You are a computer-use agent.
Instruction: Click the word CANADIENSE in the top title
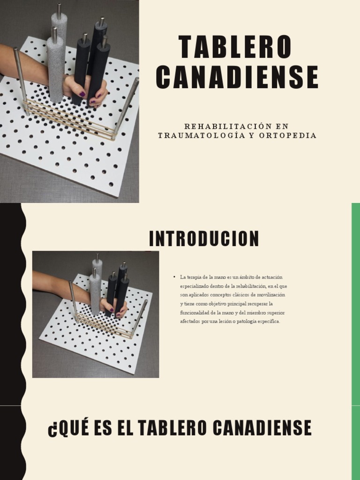237,77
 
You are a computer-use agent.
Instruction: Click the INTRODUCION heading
204,239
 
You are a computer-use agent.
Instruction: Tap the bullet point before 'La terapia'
174,277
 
